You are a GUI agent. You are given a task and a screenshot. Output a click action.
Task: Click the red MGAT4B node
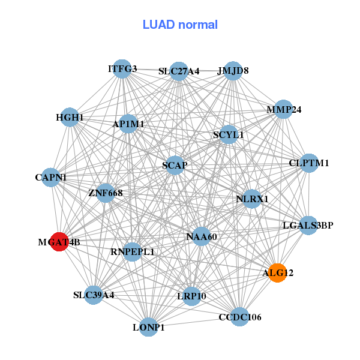59,242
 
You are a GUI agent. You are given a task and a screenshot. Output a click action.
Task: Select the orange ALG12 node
277,273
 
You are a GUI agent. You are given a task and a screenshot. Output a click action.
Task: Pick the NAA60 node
202,237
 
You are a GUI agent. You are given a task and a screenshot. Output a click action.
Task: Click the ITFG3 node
122,69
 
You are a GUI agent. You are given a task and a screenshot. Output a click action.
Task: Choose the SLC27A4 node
179,71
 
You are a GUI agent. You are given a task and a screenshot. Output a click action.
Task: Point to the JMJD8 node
233,71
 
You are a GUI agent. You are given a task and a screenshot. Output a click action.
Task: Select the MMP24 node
283,110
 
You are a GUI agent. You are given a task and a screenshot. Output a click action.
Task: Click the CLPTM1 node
308,163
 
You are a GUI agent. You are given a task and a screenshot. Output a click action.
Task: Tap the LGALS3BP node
308,226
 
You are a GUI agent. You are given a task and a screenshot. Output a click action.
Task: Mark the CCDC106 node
240,317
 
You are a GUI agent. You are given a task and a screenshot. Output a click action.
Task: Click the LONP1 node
148,327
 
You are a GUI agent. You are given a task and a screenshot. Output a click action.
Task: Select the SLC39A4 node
94,295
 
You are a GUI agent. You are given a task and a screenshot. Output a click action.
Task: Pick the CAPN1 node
51,178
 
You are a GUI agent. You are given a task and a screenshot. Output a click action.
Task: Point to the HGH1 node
70,118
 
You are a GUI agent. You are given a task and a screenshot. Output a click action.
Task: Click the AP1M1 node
128,124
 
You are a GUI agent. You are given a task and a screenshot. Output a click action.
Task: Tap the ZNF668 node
106,193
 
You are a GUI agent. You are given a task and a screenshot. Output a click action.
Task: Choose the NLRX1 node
252,199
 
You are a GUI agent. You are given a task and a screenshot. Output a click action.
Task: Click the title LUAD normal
180,25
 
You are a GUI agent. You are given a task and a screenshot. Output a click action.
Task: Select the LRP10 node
191,296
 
